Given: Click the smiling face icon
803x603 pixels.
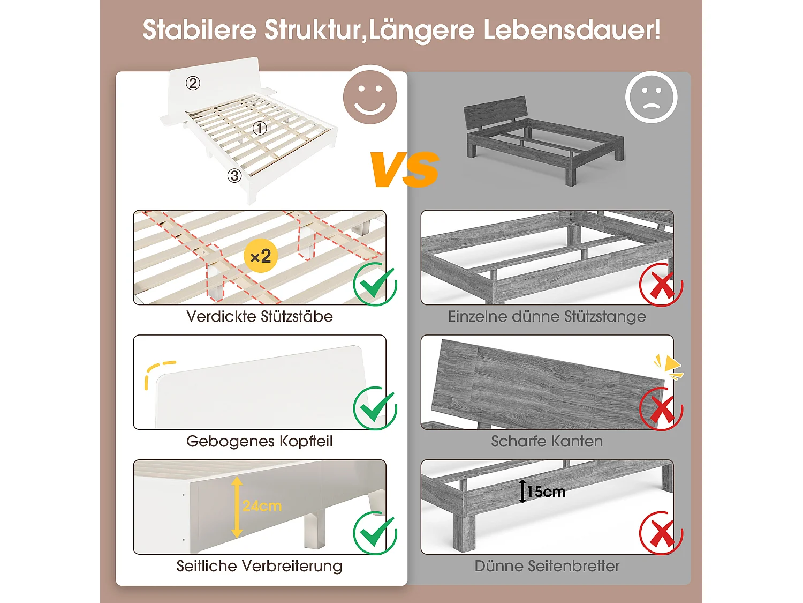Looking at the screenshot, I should (370, 96).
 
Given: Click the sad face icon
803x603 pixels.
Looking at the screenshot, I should (651, 98).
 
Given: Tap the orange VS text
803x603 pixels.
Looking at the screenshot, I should (404, 169).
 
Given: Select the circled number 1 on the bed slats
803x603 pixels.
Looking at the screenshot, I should (260, 129).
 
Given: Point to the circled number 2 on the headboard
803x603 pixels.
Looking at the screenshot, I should (193, 83).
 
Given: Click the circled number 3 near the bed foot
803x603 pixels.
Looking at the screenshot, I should (234, 175).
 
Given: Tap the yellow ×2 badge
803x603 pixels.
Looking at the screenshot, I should (261, 256).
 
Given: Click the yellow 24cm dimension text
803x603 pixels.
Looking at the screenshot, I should (262, 506).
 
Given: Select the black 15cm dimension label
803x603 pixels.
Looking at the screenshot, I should (546, 492).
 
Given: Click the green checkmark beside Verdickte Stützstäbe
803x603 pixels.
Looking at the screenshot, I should (375, 284).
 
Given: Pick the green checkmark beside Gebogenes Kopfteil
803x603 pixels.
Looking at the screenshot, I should (375, 408).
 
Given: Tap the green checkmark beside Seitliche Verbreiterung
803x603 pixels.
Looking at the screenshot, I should (375, 533).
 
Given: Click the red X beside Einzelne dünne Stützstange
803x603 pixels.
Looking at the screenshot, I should (661, 285).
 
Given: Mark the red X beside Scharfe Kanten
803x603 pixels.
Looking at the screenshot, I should (661, 409).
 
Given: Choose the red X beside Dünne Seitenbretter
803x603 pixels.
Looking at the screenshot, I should (661, 534).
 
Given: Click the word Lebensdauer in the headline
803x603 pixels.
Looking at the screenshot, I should (572, 30).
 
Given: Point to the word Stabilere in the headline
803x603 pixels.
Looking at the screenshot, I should (199, 30).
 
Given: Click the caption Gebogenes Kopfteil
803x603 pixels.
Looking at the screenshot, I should (260, 441).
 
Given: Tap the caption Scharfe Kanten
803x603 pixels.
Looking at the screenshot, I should (547, 441).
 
